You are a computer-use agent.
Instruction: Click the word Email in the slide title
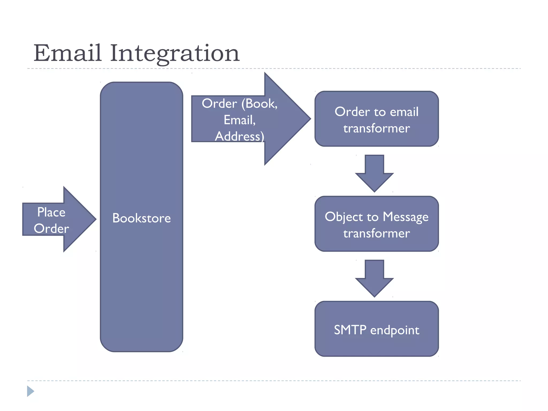coord(67,53)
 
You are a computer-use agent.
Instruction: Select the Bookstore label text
coord(141,218)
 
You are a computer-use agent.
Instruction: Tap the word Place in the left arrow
coord(51,212)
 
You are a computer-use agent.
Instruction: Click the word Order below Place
coord(51,229)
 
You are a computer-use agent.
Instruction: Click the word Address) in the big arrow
coord(239,136)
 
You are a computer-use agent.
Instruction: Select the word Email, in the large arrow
coord(239,120)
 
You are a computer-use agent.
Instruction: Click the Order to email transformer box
coord(376,119)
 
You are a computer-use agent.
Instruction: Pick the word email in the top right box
coord(404,112)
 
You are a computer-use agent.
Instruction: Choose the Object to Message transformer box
coord(376,224)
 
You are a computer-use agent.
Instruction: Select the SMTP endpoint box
coord(376,329)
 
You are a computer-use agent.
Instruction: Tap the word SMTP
coord(350,330)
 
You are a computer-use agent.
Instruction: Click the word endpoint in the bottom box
coord(395,330)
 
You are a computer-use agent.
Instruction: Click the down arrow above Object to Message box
coord(374,173)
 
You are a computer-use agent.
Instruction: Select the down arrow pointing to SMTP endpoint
coord(374,278)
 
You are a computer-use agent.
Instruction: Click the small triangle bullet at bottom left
coord(30,391)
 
